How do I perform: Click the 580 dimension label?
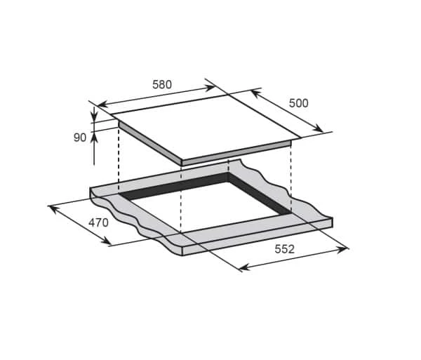[x=162, y=85]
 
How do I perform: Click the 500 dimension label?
[x=299, y=103]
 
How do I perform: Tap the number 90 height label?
[x=80, y=138]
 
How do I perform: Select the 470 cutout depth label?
[x=98, y=222]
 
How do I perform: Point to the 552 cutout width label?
[x=285, y=249]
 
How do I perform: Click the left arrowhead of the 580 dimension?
[x=102, y=104]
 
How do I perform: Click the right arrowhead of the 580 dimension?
[x=209, y=88]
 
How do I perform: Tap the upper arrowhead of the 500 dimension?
[x=255, y=94]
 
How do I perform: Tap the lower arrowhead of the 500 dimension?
[x=319, y=128]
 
